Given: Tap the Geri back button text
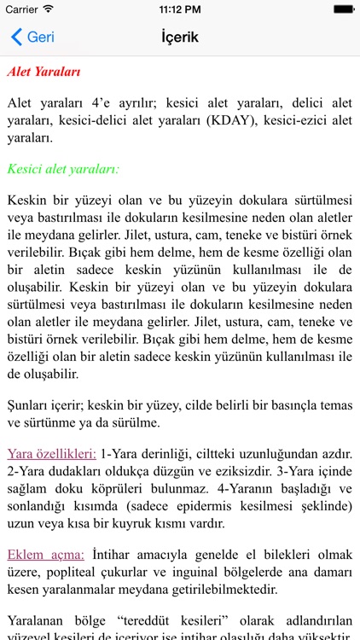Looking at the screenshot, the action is (x=40, y=38).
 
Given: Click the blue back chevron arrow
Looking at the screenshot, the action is (x=16, y=38).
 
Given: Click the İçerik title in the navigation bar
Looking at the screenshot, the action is (x=179, y=38).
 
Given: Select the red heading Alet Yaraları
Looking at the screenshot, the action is (x=44, y=73).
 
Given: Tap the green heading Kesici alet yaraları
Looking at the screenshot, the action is (x=63, y=168).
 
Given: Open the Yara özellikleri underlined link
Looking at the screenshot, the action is (x=51, y=453).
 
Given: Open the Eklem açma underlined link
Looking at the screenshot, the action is (x=45, y=554).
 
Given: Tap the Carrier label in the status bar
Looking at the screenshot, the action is (x=21, y=9).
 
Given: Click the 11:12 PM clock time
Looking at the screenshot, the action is (x=179, y=9).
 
